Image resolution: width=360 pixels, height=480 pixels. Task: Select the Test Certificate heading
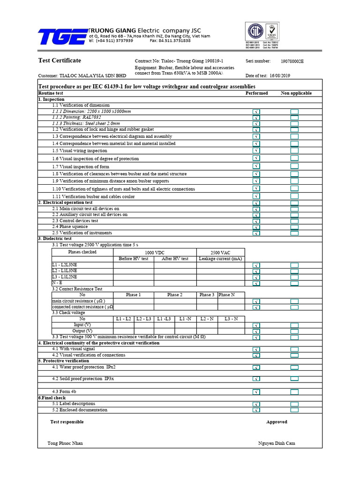59,60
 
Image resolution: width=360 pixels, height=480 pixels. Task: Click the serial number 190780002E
292,61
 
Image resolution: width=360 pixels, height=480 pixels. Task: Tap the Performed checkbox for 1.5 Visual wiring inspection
256,151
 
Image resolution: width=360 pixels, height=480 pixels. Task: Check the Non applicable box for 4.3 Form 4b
294,392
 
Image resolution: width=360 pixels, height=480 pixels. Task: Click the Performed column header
256,93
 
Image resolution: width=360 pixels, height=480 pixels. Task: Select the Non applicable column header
296,93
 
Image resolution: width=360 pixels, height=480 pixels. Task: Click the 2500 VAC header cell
220,253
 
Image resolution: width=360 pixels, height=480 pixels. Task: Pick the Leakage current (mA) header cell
220,259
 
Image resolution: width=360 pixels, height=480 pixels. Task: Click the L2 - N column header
207,319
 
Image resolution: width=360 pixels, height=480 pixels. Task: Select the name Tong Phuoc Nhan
65,443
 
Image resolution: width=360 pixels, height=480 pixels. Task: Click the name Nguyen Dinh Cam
277,443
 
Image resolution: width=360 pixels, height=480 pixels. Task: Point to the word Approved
277,422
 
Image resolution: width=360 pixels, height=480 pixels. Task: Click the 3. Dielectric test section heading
55,239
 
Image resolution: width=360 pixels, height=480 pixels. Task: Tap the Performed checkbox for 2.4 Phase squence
256,227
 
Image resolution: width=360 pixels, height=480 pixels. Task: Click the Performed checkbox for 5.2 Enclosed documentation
256,410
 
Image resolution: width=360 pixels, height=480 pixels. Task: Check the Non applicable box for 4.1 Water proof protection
294,367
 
